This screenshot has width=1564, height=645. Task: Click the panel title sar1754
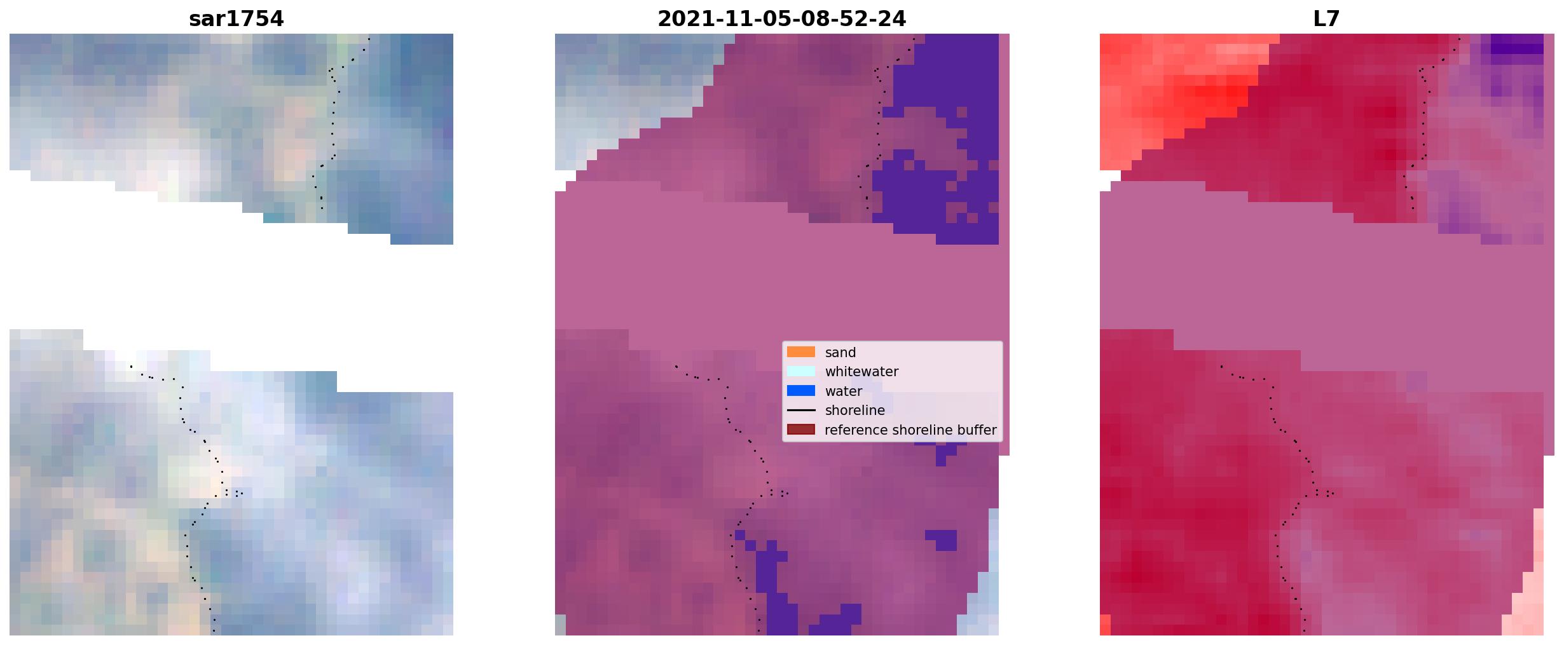(237, 19)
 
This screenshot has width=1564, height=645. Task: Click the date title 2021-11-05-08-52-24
(781, 19)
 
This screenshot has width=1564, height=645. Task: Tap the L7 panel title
(1326, 19)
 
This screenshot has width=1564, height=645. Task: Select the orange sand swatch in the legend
(801, 352)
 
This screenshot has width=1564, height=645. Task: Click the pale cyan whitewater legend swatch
(801, 371)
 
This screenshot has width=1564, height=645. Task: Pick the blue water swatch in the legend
(801, 391)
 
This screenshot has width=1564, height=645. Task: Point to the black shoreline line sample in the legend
(801, 411)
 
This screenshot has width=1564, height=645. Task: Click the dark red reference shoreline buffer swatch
(801, 430)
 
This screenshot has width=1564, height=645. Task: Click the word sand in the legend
(840, 353)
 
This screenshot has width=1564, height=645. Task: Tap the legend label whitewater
(861, 372)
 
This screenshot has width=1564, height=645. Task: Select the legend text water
(844, 391)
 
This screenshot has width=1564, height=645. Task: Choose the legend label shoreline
(855, 411)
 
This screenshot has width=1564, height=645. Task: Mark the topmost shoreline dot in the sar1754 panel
(369, 39)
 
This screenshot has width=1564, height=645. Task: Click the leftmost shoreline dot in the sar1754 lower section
(131, 366)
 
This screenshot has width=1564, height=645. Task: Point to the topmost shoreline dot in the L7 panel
(1459, 39)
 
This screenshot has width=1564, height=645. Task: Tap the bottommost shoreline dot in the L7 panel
(1304, 630)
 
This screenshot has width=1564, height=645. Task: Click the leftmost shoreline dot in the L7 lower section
(1221, 366)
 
